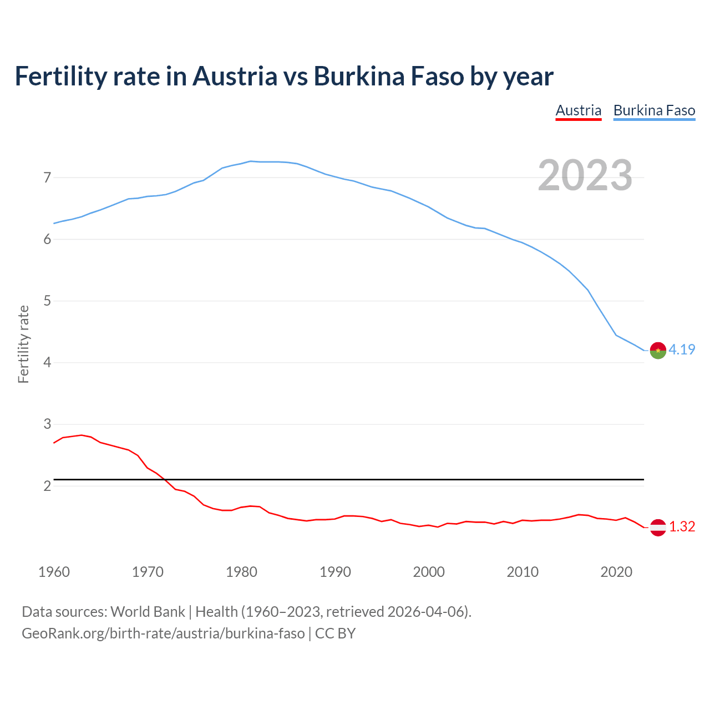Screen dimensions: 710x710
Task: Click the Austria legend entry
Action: click(x=579, y=110)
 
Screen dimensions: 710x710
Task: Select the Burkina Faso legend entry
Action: click(x=654, y=110)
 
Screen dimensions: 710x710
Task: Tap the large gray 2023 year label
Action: click(x=585, y=175)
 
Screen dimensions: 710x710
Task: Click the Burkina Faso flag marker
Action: click(x=658, y=351)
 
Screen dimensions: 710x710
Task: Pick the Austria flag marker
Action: click(x=658, y=528)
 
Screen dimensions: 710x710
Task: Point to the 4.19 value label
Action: click(x=682, y=349)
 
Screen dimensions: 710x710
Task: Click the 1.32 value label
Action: click(x=682, y=526)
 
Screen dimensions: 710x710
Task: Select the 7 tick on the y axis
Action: click(x=47, y=178)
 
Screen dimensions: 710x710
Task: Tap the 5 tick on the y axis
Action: click(x=47, y=301)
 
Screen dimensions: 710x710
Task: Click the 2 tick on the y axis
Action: click(x=47, y=486)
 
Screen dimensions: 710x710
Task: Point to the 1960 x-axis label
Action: click(x=54, y=572)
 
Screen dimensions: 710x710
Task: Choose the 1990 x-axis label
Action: click(x=335, y=572)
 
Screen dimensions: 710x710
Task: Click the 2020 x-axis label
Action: click(x=616, y=572)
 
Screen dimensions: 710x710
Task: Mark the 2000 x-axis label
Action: click(x=429, y=572)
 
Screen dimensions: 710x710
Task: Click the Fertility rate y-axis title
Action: click(x=23, y=344)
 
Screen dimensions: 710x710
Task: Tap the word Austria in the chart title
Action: click(x=235, y=76)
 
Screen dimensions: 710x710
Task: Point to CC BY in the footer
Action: click(x=335, y=633)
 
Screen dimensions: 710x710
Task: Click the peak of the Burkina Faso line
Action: click(x=251, y=161)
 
